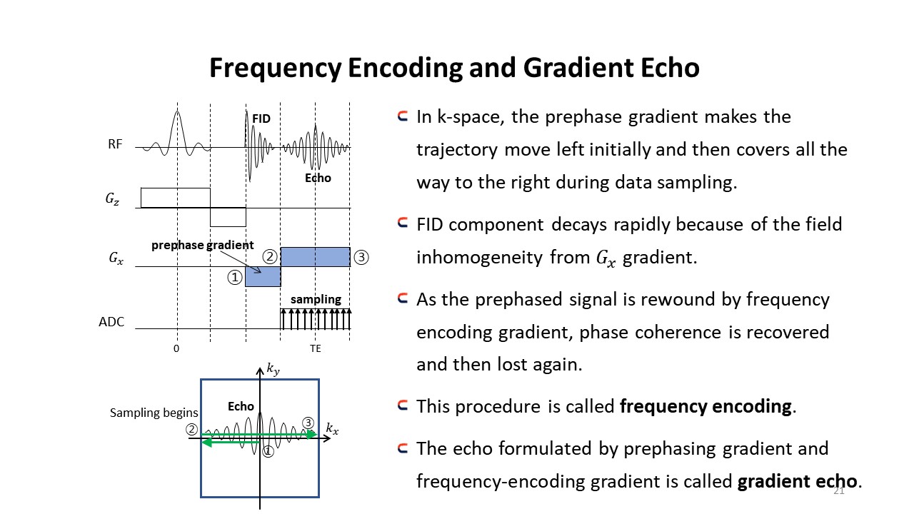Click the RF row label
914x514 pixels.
point(115,144)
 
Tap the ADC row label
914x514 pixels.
point(111,322)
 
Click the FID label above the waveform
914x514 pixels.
point(261,119)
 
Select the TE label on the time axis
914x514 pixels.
point(316,349)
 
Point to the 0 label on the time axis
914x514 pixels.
point(176,349)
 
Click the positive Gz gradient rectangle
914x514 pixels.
point(176,198)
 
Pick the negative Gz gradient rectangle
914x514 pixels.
point(228,217)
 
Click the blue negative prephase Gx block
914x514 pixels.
point(263,276)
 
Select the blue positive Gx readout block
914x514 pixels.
point(316,257)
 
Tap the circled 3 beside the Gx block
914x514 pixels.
point(361,258)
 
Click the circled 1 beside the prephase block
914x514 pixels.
point(235,278)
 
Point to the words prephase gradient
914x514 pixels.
point(202,245)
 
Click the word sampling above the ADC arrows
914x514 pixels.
point(316,299)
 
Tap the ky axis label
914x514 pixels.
point(273,369)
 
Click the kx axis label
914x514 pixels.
point(332,429)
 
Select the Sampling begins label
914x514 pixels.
point(154,413)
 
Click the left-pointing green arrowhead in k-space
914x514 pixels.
point(207,442)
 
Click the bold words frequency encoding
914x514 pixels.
point(705,407)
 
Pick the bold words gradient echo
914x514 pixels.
point(798,481)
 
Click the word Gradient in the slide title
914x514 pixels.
point(578,68)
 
